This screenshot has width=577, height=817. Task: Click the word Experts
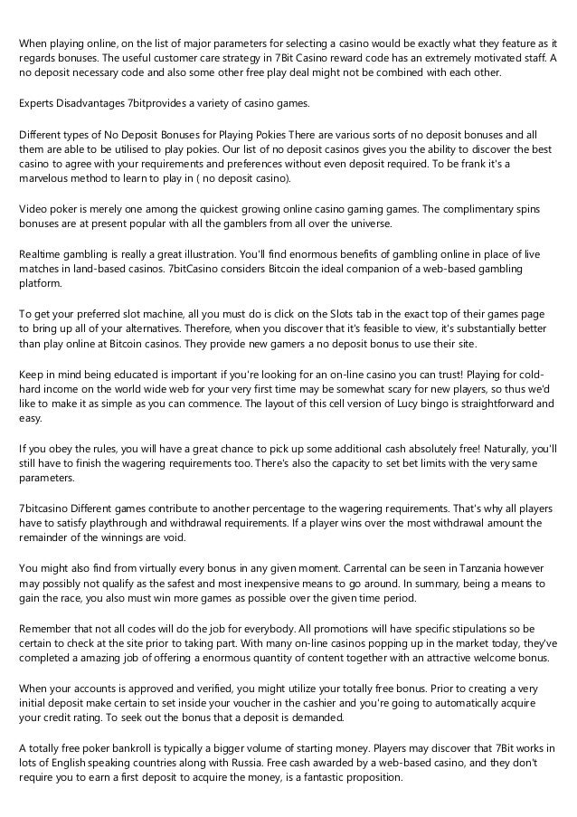coord(40,103)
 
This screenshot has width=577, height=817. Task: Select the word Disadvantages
coord(97,103)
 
